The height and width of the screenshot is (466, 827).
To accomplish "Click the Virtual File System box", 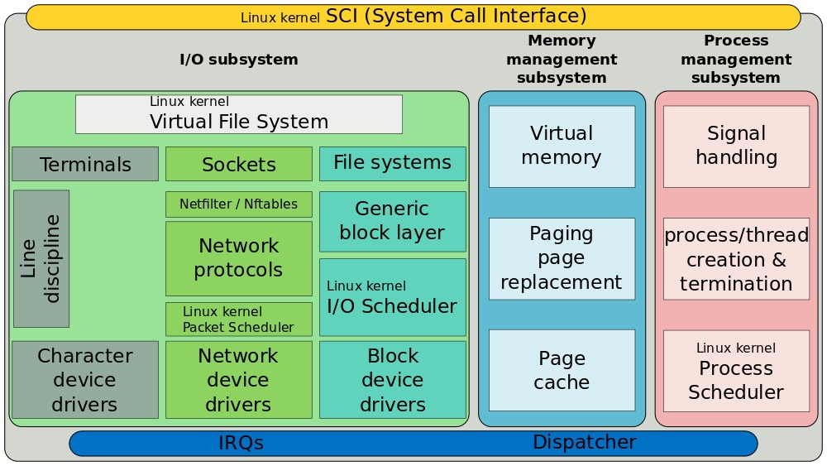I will pos(238,114).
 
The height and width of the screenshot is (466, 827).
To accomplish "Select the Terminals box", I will pos(85,164).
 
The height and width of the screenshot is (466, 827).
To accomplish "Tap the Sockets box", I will pos(239,164).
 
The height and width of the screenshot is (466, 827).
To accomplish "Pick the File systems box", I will pos(393,163).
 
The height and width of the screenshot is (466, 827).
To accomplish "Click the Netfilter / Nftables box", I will pos(239,204).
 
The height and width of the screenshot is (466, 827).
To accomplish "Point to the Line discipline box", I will pos(41,258).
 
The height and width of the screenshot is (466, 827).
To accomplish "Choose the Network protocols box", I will pos(239,258).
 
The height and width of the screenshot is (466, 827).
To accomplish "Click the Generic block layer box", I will pos(393,221).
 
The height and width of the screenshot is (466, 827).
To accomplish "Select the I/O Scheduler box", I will pos(393,297).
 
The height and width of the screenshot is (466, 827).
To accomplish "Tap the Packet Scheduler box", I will pos(239,319).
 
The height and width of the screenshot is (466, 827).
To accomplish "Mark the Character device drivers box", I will pos(85,380).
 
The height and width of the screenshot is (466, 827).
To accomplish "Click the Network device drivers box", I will pos(239,380).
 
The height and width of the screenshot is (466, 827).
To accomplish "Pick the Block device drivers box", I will pos(393,380).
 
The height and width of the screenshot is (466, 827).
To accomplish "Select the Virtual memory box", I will pos(562,146).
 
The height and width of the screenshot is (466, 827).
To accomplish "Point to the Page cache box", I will pos(562,370).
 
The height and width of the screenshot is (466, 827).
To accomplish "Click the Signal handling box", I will pos(736,146).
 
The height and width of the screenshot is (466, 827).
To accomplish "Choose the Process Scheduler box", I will pos(736,371).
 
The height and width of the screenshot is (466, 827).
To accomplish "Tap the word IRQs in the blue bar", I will pos(241,443).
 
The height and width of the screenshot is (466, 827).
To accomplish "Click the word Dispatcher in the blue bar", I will pos(584,442).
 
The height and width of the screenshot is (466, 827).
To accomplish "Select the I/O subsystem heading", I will pos(239,60).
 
